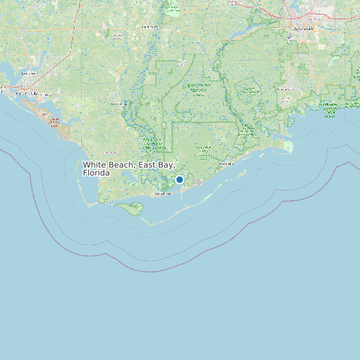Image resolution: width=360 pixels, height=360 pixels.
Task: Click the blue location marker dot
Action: coord(179,179)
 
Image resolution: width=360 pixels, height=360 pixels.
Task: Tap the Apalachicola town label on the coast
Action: coord(163,193)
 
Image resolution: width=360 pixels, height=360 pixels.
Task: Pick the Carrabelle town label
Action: coord(228,163)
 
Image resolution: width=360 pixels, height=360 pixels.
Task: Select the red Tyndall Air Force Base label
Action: coord(54,122)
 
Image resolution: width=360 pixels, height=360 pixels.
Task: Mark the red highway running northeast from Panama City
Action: coord(50,66)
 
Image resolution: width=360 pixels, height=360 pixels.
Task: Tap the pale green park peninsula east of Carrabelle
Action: coord(288,146)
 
